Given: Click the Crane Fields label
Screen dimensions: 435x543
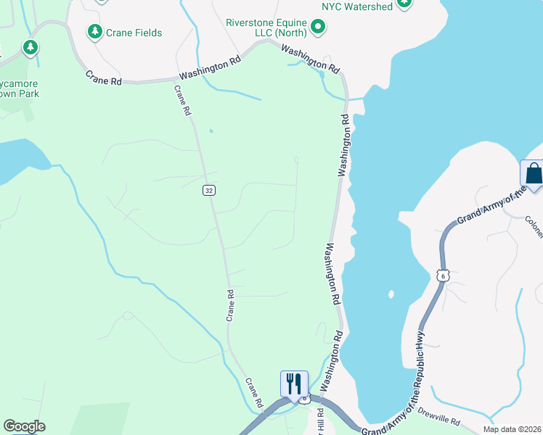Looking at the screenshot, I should point(134,33).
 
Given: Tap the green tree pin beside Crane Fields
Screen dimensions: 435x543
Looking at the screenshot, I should point(94,32).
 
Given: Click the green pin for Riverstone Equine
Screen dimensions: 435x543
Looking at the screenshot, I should point(318,28).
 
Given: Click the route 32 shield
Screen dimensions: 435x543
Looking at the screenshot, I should point(208,191).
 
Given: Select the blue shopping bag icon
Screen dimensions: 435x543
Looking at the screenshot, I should point(533,174).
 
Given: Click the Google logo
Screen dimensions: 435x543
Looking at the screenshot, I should point(25,426).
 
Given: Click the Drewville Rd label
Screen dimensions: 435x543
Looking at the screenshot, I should point(439,416).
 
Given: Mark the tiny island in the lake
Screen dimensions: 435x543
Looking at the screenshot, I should point(391,294).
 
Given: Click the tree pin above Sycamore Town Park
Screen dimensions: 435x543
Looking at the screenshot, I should point(30,49).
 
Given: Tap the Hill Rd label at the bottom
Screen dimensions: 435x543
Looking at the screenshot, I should point(320,423).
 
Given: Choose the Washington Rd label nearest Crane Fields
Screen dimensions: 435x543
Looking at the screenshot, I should point(210,69).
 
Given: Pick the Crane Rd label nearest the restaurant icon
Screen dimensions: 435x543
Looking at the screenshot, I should point(253,392).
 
